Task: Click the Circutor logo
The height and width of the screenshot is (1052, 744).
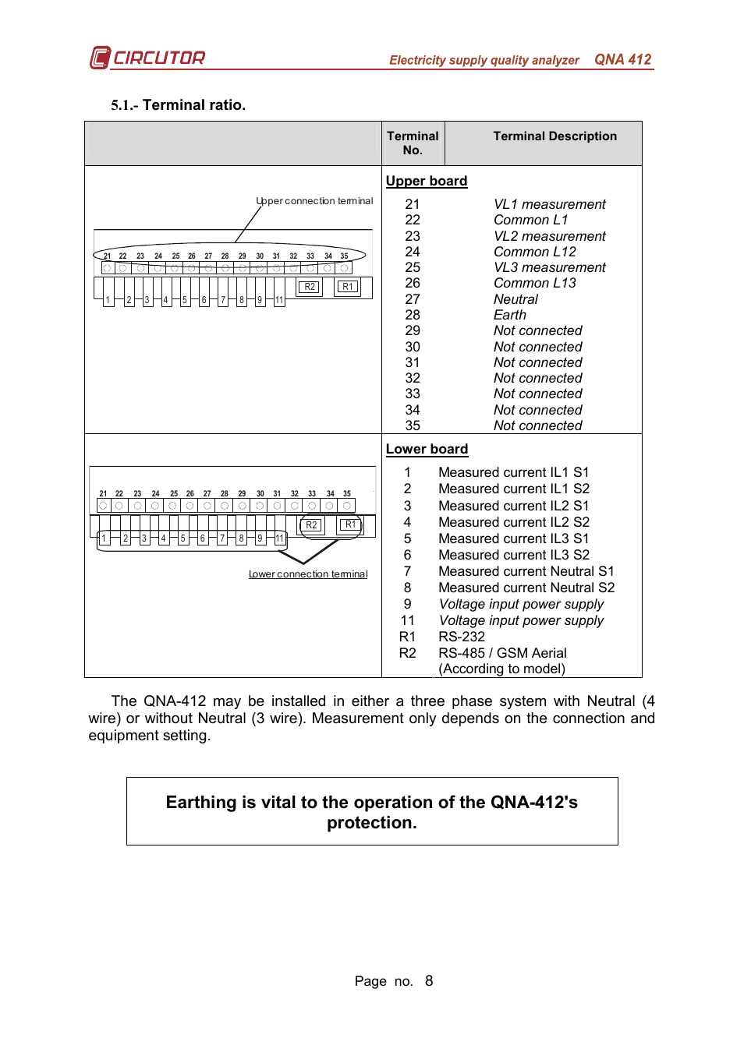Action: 147,58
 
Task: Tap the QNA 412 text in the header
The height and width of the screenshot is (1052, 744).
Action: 622,59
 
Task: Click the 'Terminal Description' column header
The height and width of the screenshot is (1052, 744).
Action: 554,136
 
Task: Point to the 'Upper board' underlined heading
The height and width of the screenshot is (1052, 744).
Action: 427,181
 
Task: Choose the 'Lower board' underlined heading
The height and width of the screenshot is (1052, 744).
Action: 427,449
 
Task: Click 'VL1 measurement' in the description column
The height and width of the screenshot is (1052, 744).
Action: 549,204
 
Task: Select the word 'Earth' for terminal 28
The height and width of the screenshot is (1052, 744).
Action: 510,315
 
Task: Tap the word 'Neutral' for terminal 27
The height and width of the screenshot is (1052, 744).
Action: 515,299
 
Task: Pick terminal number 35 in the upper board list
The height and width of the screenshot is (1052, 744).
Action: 413,425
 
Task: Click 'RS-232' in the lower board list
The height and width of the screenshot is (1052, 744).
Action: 462,637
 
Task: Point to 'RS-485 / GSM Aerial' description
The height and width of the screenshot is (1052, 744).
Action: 502,653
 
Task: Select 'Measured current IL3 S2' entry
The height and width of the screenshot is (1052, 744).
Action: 514,555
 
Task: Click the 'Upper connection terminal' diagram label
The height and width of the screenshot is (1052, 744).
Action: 314,201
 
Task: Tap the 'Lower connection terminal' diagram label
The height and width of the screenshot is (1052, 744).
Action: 308,574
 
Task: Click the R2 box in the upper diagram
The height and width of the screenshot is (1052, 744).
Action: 310,287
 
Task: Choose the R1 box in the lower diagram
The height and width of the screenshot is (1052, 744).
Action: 350,525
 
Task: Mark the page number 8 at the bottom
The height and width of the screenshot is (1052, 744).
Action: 429,981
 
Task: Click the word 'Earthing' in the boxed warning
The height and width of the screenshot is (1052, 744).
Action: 200,803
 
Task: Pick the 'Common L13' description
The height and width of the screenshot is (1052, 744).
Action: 534,283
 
